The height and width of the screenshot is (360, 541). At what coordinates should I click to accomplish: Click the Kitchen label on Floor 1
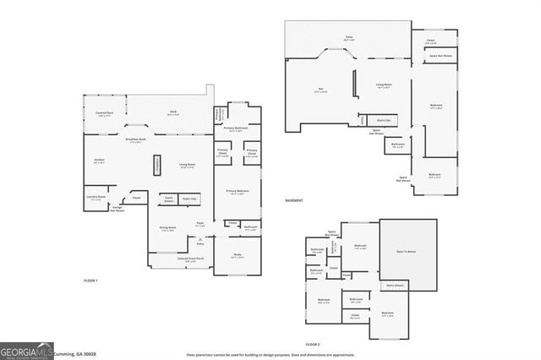point(100,161)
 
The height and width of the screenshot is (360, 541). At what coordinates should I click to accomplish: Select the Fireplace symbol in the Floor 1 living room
point(156,165)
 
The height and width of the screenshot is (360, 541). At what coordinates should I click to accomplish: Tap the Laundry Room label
point(96,198)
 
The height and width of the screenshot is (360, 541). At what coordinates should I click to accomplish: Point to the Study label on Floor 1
point(238,256)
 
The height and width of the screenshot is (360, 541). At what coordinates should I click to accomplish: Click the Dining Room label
point(168,228)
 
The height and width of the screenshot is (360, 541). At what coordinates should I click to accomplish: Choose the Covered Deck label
point(105,113)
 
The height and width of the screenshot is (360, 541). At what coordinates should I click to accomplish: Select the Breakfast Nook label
point(136,140)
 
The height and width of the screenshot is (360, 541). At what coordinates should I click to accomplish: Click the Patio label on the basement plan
point(348,38)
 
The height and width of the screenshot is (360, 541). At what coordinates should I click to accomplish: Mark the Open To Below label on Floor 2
point(409,250)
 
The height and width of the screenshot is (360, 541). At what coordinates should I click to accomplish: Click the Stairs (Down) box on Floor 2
point(395,286)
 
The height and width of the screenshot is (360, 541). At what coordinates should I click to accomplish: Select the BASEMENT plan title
point(294,200)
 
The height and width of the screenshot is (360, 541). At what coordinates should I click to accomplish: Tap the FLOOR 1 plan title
point(90,280)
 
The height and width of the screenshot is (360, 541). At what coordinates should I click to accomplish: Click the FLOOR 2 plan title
point(313,345)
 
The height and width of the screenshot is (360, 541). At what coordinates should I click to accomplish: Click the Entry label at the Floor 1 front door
point(200,243)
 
